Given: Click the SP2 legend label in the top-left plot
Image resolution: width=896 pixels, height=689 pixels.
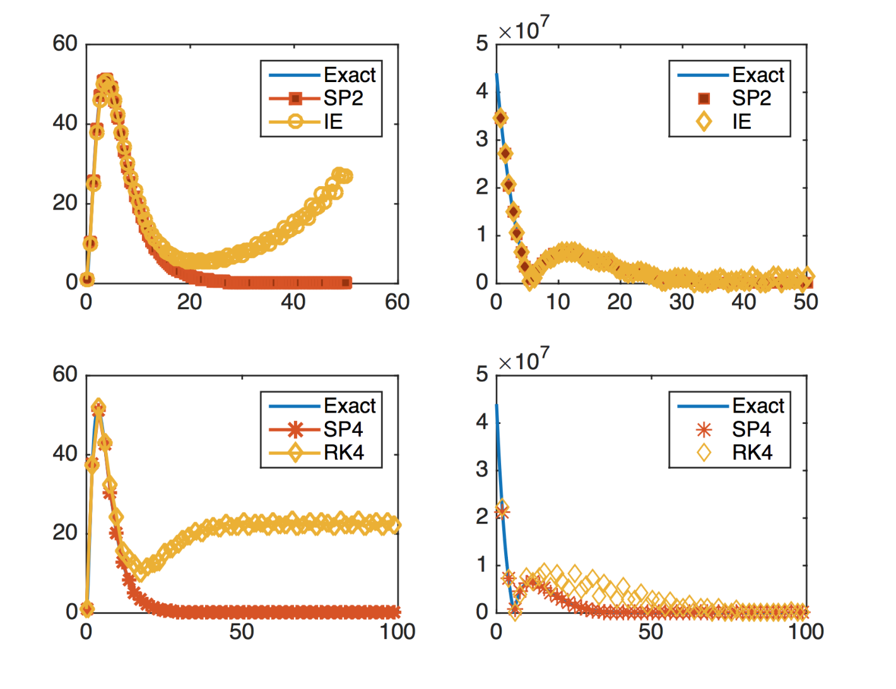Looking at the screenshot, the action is pos(343,98).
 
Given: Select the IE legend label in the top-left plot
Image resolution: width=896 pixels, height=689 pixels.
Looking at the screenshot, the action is pos(333,122).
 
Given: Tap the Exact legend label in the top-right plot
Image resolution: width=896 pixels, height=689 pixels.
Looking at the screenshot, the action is pos(758,75).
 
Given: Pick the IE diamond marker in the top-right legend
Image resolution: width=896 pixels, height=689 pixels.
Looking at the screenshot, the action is pos(704,122).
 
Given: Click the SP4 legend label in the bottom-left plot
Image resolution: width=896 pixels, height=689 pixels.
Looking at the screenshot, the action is pos(343,429).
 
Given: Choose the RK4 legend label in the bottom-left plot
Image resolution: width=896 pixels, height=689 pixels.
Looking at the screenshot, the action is pos(344,453).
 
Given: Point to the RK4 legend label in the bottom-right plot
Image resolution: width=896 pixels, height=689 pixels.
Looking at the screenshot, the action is pos(752,453).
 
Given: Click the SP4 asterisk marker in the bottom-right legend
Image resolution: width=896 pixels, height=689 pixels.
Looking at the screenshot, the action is pos(704,430).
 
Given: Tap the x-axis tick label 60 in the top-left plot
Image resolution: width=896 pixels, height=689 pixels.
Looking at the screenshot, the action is pos(397,302).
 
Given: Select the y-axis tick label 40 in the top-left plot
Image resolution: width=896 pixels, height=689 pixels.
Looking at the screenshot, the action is pos(65,123).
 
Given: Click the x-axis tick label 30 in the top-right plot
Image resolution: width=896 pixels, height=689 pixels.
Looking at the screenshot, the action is pos(681,302).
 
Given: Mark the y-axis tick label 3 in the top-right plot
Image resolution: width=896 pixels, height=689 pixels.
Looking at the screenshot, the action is pos(482,139).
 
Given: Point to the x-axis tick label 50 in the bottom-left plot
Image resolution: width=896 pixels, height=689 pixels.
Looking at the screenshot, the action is pos(241,632).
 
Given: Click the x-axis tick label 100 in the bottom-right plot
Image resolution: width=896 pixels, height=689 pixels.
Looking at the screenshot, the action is pos(806,632).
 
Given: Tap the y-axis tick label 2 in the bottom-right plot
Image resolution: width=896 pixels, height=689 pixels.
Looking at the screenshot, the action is pos(482,517).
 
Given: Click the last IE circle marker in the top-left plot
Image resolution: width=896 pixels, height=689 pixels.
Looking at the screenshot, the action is pos(347,177).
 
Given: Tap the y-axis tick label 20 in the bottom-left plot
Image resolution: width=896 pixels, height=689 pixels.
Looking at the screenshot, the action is pos(65,533).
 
